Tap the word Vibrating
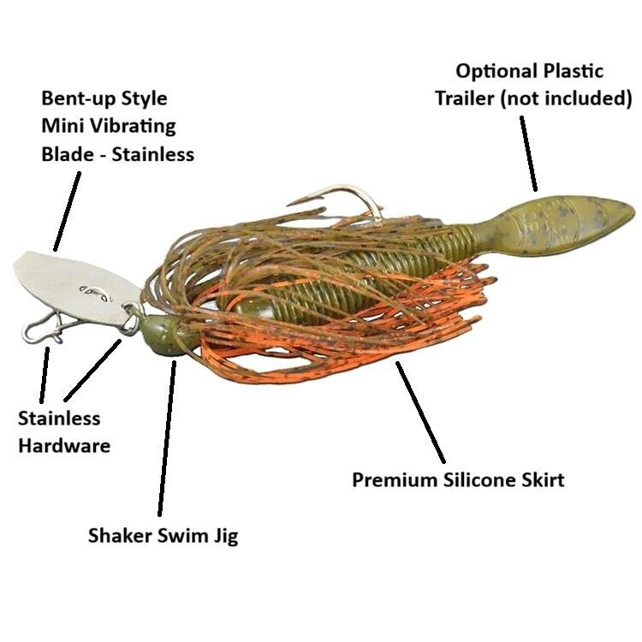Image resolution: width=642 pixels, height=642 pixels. click(132, 127)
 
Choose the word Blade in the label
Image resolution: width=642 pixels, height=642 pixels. click(67, 154)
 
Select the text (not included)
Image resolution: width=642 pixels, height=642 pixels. click(567, 98)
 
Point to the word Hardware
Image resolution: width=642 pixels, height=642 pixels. click(64, 445)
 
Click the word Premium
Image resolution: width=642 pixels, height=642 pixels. click(395, 479)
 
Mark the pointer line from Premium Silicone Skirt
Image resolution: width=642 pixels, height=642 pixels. click(420, 413)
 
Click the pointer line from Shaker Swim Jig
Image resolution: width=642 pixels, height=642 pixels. click(167, 438)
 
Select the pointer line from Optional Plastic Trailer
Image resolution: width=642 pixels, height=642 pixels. click(529, 153)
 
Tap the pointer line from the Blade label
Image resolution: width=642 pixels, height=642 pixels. click(67, 211)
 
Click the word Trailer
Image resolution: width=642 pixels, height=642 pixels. click(464, 98)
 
